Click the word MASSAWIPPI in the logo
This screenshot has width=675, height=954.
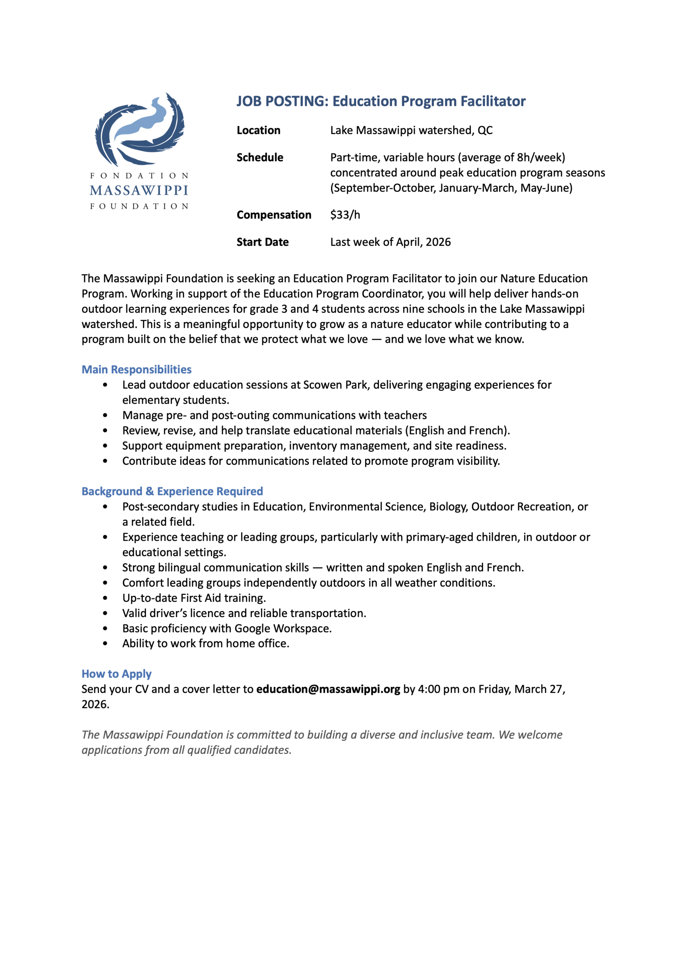click(139, 191)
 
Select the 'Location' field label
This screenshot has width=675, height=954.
click(259, 130)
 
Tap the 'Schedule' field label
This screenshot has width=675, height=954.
click(260, 158)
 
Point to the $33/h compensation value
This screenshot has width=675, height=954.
click(345, 215)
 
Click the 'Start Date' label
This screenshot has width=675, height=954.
click(262, 242)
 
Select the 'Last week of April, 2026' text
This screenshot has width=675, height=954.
click(390, 242)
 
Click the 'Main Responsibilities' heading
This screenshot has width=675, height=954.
click(136, 370)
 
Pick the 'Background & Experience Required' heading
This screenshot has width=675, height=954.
click(172, 491)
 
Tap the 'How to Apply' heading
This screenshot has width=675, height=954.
click(116, 674)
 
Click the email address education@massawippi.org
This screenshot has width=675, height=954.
click(328, 689)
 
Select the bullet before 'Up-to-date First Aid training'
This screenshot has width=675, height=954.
click(105, 598)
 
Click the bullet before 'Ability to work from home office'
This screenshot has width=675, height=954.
click(105, 644)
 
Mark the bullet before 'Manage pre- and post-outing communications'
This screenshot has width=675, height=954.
click(105, 415)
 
